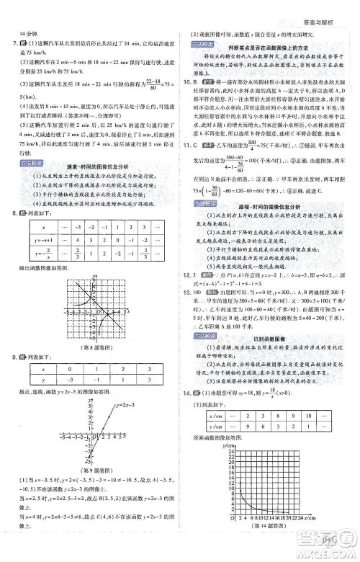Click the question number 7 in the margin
[x=14, y=44]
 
